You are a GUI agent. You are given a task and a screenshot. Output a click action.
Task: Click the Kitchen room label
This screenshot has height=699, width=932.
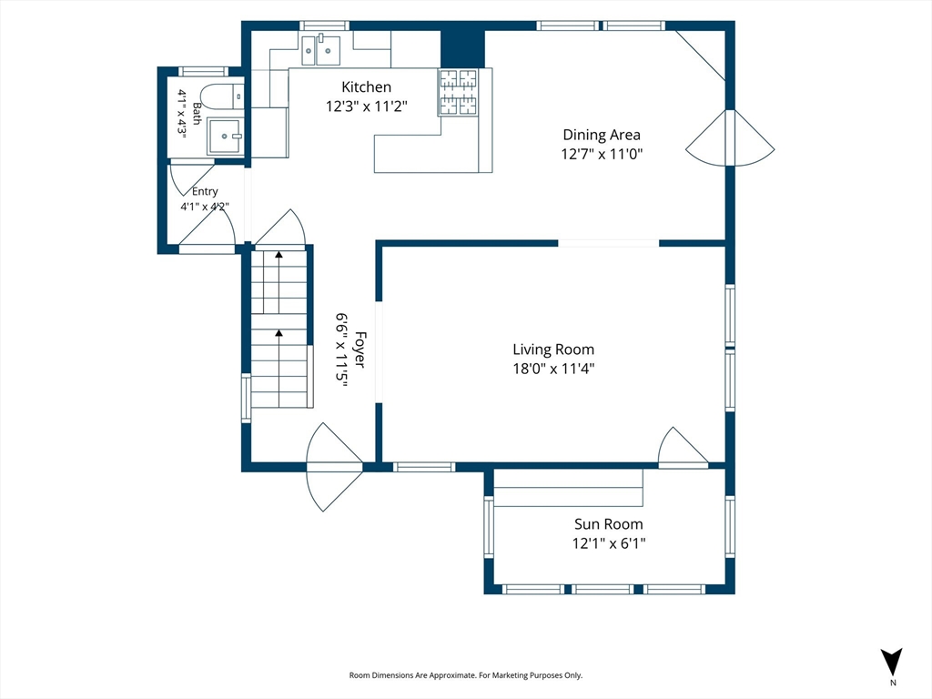(366, 86)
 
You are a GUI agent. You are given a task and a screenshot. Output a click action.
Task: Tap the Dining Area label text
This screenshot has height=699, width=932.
(602, 135)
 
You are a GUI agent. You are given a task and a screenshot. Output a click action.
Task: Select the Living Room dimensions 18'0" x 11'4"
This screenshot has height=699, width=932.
(554, 369)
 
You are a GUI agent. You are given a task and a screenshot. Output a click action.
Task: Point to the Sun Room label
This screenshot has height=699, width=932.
(609, 523)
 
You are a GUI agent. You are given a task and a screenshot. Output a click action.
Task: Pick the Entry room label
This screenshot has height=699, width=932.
(205, 191)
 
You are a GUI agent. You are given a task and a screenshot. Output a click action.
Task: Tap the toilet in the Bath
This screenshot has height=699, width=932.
(221, 96)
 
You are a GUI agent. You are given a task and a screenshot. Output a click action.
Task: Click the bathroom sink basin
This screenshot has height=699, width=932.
(225, 137)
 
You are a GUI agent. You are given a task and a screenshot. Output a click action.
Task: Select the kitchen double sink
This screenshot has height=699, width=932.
(320, 51)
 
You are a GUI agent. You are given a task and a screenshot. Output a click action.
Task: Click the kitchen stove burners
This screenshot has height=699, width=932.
(459, 92)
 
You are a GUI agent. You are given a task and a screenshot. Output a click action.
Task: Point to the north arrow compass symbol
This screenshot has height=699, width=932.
(892, 662)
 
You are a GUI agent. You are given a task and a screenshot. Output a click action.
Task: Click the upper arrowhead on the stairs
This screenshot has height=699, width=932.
(279, 255)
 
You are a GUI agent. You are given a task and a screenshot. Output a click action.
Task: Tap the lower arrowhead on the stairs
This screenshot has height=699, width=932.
(279, 333)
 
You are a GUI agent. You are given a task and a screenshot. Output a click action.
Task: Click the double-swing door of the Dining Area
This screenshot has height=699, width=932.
(730, 138)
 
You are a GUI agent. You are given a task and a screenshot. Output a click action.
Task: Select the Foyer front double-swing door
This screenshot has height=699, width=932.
(334, 467)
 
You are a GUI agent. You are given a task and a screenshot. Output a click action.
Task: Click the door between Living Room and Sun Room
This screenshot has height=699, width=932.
(683, 447)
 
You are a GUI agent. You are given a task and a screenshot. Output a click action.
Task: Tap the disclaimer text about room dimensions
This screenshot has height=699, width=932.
(465, 675)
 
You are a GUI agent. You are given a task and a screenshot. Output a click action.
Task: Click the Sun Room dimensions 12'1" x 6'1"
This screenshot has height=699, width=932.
(609, 543)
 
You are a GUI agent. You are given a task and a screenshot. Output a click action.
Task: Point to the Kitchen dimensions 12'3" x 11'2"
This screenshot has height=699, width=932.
(366, 106)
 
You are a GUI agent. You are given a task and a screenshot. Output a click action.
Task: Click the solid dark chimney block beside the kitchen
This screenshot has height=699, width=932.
(462, 48)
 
